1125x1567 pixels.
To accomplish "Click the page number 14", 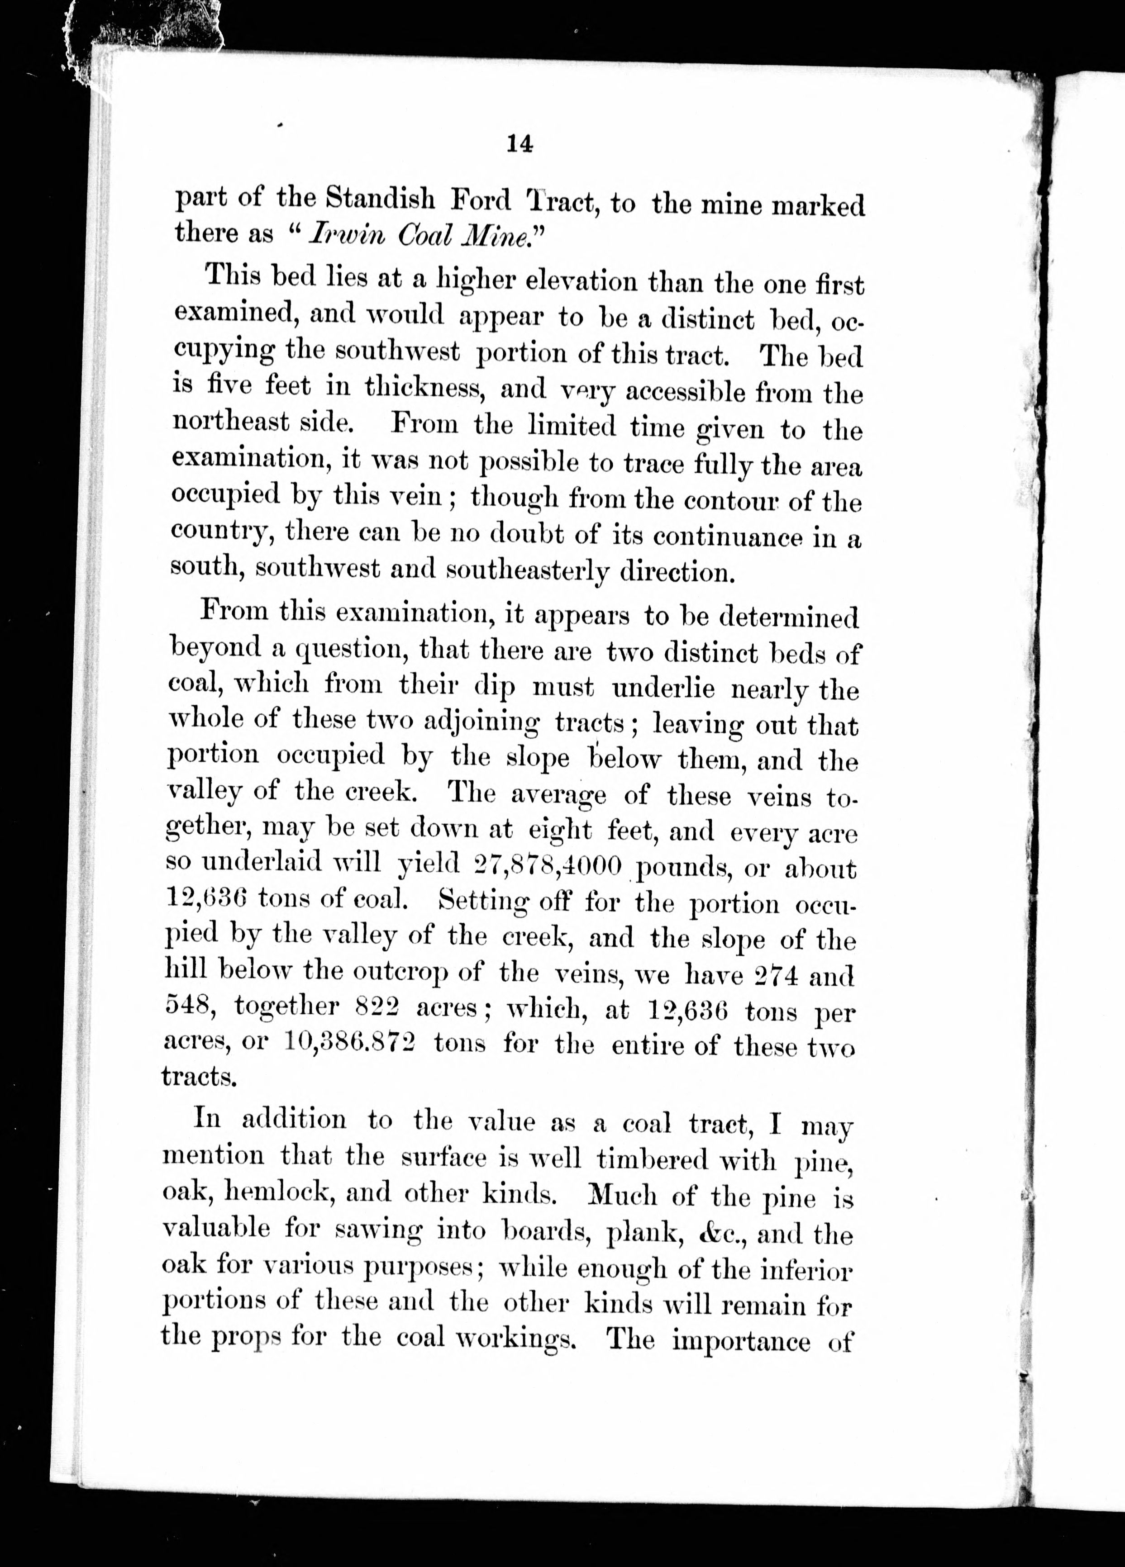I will click(x=519, y=144).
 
